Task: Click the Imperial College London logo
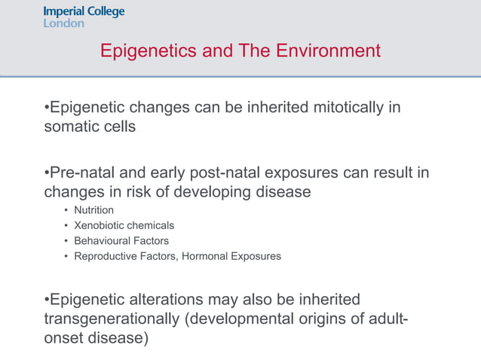click(84, 17)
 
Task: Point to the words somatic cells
click(90, 127)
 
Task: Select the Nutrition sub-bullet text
click(94, 210)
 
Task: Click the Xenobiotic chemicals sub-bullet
click(124, 225)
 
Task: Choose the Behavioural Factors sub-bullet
click(121, 241)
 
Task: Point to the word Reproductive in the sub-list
click(106, 256)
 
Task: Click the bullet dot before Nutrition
click(66, 211)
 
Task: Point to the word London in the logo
click(63, 23)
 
